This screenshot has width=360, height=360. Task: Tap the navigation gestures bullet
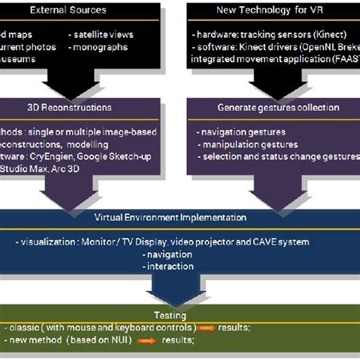pos(242,132)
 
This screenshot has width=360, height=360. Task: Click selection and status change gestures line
pos(277,156)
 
